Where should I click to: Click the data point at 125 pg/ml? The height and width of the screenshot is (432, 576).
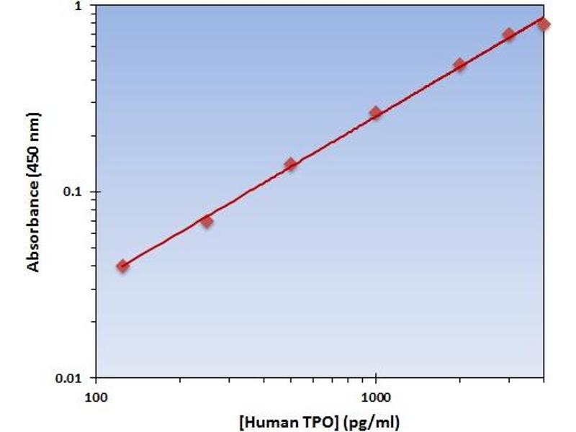pyautogui.click(x=123, y=266)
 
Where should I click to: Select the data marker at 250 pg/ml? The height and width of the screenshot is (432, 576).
pyautogui.click(x=207, y=221)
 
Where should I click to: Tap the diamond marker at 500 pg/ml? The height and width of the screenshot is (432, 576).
pyautogui.click(x=291, y=164)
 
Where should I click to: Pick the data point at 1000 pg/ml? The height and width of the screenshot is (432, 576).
pyautogui.click(x=375, y=112)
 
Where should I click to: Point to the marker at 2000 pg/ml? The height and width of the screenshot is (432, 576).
pyautogui.click(x=459, y=65)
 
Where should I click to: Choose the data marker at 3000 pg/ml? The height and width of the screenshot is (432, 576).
pyautogui.click(x=508, y=35)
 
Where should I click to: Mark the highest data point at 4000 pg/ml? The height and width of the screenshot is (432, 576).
pyautogui.click(x=544, y=24)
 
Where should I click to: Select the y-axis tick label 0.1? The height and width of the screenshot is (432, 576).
pyautogui.click(x=75, y=192)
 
